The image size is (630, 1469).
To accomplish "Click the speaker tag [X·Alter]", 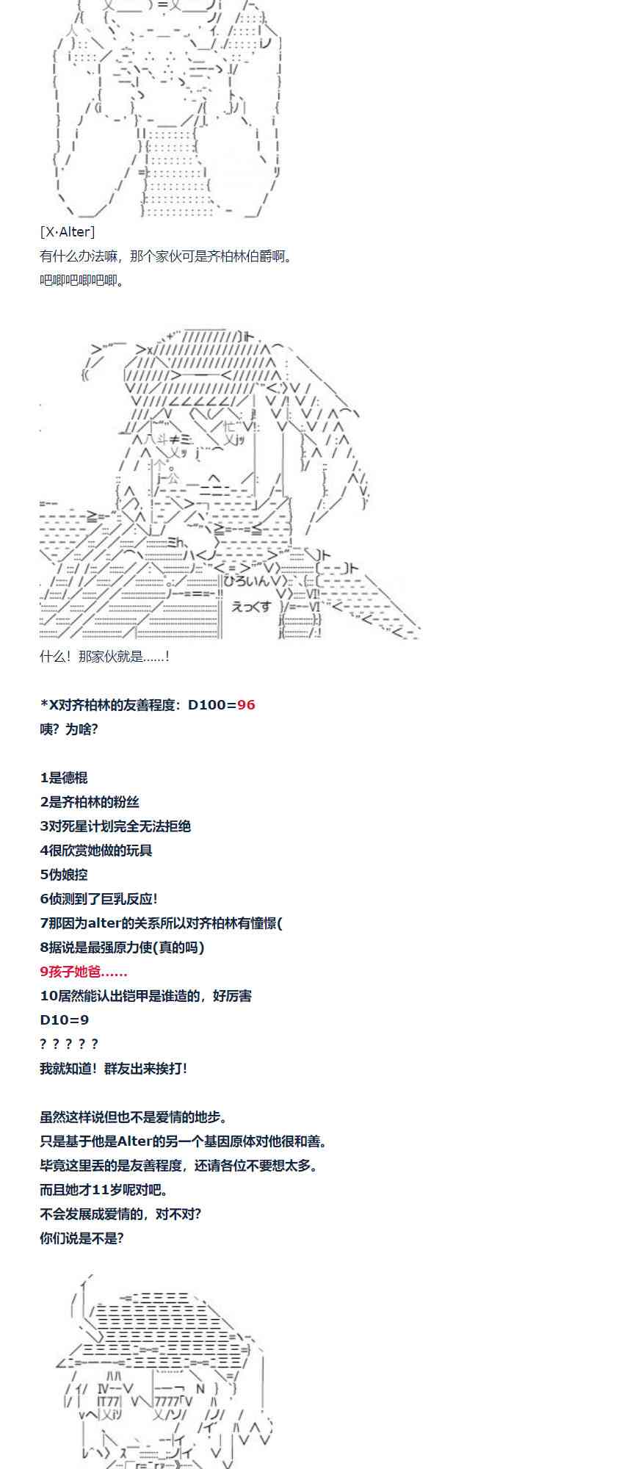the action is [68, 232].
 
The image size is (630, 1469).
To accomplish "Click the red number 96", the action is [246, 705].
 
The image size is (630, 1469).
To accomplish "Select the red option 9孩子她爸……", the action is [84, 972].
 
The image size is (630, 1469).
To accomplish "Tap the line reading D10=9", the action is [64, 1020].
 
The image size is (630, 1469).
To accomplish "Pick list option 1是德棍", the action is [64, 778].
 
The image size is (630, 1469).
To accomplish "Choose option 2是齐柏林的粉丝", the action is [90, 802].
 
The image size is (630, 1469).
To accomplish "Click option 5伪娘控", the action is [64, 875].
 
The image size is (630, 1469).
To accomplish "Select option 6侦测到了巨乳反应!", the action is [99, 899].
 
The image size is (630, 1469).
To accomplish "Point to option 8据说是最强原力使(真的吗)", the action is [122, 948].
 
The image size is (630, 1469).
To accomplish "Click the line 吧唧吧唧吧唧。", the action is [82, 281].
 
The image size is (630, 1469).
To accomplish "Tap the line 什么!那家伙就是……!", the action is [105, 657].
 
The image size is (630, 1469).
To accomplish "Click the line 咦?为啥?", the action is [69, 729].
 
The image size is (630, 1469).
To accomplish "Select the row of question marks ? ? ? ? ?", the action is [69, 1044].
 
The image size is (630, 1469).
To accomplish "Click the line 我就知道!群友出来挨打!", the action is [114, 1069].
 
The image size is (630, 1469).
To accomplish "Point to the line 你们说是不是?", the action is [82, 1238].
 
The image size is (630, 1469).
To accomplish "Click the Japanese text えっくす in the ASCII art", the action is [252, 607].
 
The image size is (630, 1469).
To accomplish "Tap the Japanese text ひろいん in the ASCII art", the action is [250, 580].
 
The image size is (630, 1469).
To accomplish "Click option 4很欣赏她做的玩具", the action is [96, 851].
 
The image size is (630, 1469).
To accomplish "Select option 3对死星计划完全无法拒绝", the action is [115, 826].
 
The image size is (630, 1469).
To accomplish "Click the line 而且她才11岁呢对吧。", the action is [104, 1190].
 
